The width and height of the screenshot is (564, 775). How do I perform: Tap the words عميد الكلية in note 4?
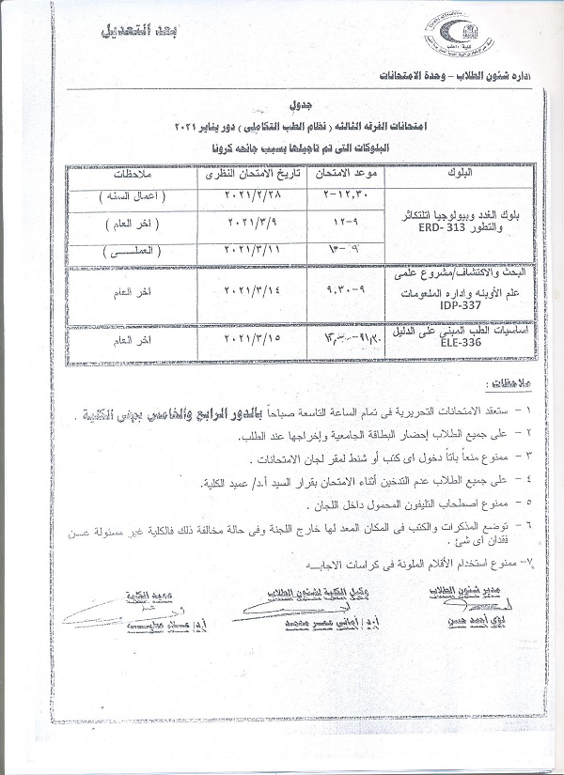(228, 482)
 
